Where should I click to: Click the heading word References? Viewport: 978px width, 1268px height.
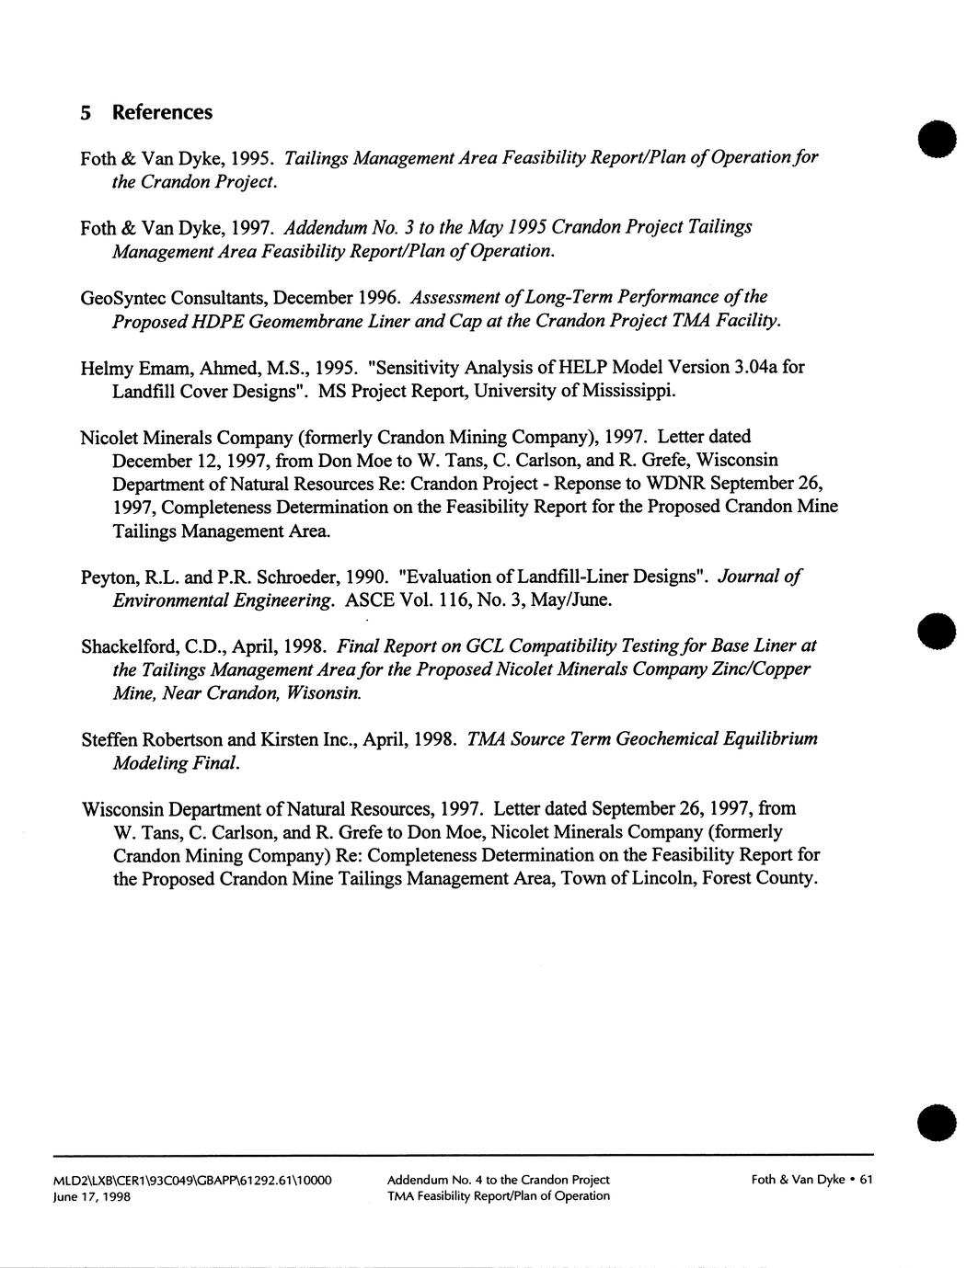coord(162,112)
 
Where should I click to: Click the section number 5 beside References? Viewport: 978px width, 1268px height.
coord(86,113)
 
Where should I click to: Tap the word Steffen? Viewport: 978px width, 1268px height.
coord(111,739)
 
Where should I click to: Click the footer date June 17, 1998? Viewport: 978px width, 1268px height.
coord(92,1196)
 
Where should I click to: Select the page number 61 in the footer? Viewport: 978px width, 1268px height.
coord(865,1180)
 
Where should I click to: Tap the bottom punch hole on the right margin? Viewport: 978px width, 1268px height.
coord(937,1124)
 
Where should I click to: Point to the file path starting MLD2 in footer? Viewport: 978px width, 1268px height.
coord(192,1180)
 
